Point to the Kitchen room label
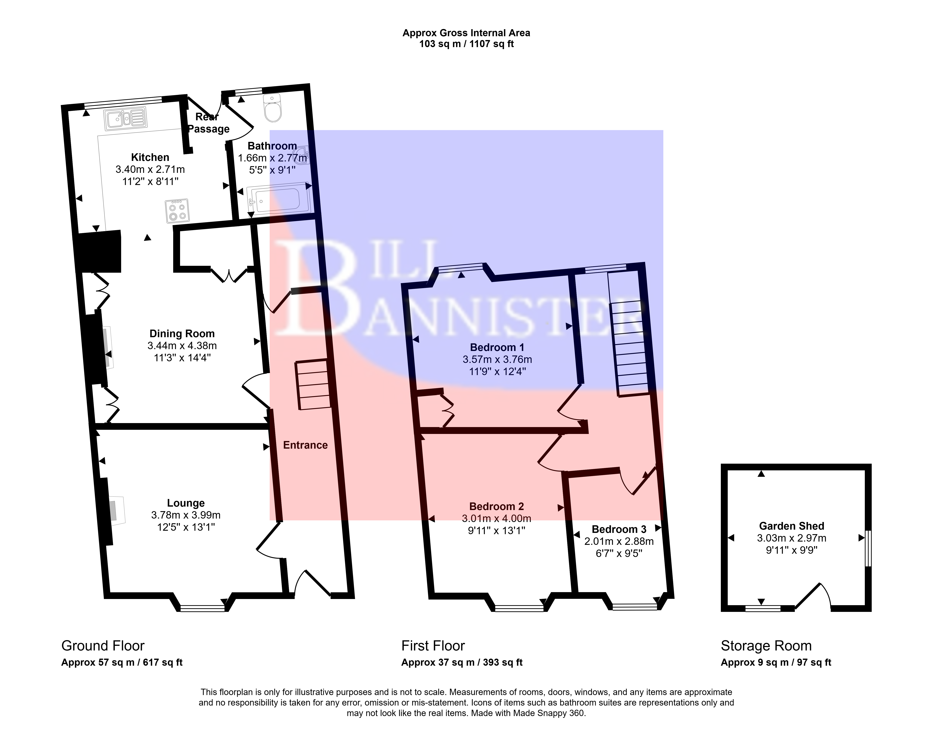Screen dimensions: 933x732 tap(150, 157)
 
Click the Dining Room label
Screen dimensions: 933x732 tap(182, 333)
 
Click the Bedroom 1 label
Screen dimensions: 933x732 tap(497, 347)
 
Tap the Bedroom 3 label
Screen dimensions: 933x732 tap(619, 529)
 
